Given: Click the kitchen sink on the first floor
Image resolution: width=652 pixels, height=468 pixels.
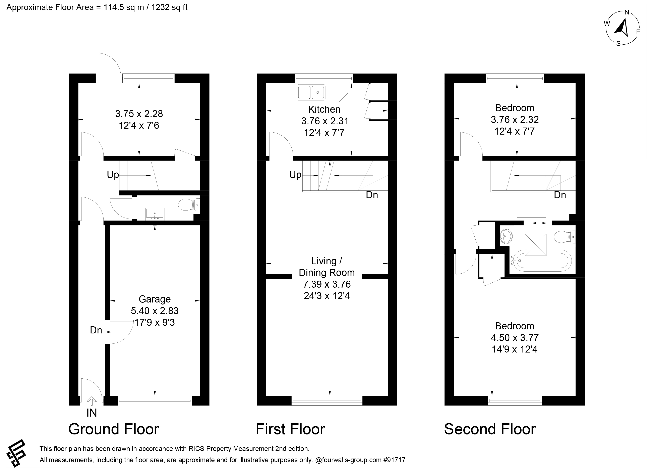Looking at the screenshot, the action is point(311,92).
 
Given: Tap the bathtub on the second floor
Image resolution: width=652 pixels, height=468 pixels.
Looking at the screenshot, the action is point(540,261).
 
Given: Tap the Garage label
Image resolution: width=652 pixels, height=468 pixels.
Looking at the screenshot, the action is point(155,299).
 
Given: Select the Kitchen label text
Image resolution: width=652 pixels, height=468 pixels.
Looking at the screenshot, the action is point(324,109).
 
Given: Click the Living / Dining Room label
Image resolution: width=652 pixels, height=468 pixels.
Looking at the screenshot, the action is point(327,267).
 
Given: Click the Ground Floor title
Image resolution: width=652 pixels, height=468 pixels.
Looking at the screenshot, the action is point(114,429).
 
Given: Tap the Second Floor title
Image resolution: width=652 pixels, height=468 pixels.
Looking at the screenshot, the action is point(490,429).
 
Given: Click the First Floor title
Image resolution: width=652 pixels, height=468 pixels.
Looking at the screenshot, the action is point(290,429).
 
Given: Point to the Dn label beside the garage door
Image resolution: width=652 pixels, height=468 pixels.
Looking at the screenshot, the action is point(96,330).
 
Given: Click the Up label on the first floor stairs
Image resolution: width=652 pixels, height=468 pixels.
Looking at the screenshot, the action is point(295,175).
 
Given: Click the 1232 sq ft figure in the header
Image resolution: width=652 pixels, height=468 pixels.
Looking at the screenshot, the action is point(169,7).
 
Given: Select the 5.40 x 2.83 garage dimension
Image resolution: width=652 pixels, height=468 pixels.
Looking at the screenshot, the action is point(155,311).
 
